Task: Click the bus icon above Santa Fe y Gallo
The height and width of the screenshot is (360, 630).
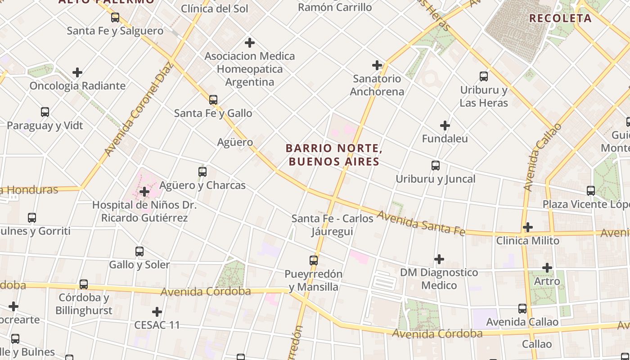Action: tap(213, 99)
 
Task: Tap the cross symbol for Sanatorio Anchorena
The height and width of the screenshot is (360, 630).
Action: tap(377, 65)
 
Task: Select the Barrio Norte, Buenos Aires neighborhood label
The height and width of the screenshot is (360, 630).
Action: tap(333, 154)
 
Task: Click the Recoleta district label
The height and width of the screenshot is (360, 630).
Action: tap(560, 18)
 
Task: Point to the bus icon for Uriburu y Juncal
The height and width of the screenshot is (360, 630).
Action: tap(436, 165)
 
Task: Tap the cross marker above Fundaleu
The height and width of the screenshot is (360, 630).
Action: tap(445, 125)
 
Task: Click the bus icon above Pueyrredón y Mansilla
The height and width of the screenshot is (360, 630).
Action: tap(314, 260)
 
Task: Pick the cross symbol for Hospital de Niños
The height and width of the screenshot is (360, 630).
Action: tap(144, 192)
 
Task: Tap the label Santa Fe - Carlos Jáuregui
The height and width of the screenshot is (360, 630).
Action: tap(333, 225)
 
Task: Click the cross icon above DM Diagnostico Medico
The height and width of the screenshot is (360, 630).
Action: tap(439, 259)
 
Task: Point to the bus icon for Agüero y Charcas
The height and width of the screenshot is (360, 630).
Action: tap(202, 171)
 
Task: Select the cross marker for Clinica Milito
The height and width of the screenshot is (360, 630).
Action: tap(528, 227)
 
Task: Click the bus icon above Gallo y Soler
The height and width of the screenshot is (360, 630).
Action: tap(139, 251)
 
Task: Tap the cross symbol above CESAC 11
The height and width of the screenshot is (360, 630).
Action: tap(157, 311)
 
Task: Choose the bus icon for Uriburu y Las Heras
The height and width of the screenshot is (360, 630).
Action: tap(484, 76)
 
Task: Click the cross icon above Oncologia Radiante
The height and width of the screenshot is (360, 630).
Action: tap(77, 72)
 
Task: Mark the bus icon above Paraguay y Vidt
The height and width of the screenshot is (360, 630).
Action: tap(45, 112)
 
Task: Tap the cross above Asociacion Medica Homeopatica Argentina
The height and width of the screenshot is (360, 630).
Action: tap(250, 43)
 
